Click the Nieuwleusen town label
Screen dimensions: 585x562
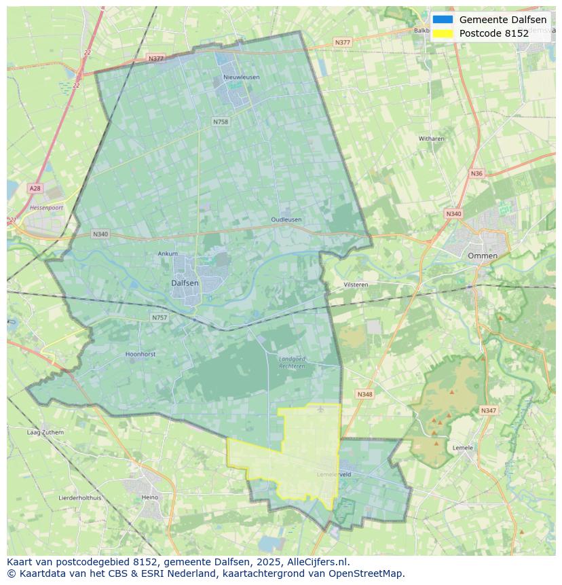(241, 77)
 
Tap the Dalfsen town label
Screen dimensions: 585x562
(185, 283)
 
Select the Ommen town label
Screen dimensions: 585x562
(482, 255)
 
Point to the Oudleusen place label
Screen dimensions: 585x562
(286, 219)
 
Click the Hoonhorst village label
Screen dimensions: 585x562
(141, 354)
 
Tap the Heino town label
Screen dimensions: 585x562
(149, 497)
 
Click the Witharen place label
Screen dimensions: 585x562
(431, 139)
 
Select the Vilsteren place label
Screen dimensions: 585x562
(356, 285)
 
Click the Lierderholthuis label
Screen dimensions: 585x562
(80, 497)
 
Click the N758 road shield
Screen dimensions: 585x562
(221, 122)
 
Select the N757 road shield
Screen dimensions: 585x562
(159, 317)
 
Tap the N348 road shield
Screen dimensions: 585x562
(364, 394)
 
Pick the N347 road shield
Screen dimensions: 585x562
(488, 410)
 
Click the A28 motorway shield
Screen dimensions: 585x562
(35, 188)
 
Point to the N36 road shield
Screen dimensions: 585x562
(476, 174)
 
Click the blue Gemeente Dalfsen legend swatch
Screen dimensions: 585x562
(443, 20)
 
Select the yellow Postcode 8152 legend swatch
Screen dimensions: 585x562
(443, 33)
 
